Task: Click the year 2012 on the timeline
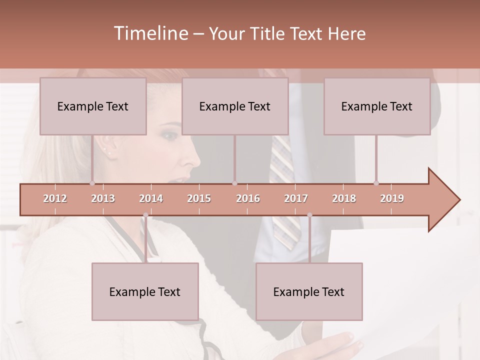tap(55, 198)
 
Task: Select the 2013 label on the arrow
tap(103, 198)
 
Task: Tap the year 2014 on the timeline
tap(151, 198)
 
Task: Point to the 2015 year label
tap(199, 198)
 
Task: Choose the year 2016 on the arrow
tap(248, 198)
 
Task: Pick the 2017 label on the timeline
tap(296, 198)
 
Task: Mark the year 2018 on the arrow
tap(344, 198)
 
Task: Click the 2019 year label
tap(392, 198)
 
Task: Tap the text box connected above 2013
tap(93, 106)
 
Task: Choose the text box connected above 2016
tap(235, 106)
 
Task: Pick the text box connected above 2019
tap(377, 106)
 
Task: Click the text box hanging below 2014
tap(145, 291)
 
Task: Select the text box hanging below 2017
tap(309, 291)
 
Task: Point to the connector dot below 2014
tap(145, 215)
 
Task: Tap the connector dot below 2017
tap(309, 215)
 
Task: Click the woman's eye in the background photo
tap(170, 135)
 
